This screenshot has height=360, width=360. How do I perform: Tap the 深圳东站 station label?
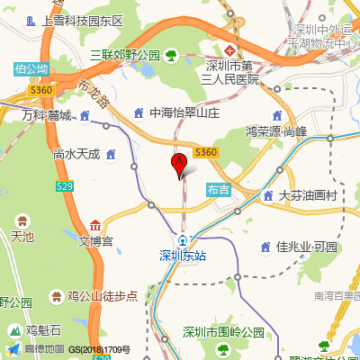pos(183,255)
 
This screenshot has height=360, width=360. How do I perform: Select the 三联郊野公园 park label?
pos(124,56)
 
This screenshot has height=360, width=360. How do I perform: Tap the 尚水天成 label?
pos(76,154)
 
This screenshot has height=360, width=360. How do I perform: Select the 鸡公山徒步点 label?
pos(102,295)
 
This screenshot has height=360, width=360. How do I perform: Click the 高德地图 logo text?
pos(42,349)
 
